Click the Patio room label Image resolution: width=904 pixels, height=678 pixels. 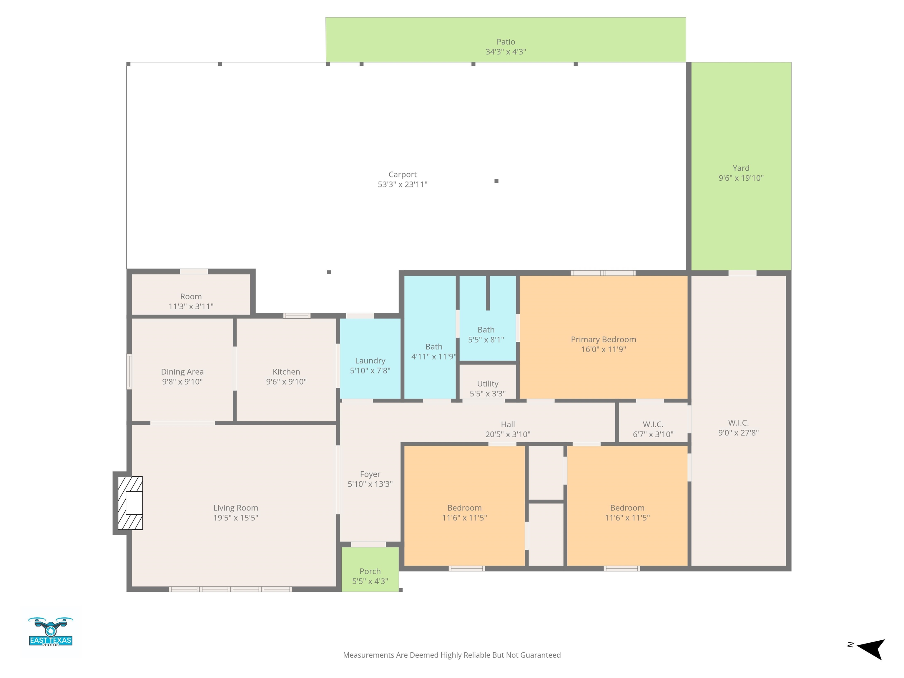(x=506, y=42)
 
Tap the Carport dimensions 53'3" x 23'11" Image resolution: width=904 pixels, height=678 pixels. (x=403, y=184)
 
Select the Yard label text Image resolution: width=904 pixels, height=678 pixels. (x=741, y=168)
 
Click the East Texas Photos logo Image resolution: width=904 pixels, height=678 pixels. (x=51, y=632)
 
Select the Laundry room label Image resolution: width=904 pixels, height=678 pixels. (x=370, y=361)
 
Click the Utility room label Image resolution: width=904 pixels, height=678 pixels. (x=488, y=384)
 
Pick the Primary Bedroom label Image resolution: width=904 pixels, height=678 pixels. (x=603, y=340)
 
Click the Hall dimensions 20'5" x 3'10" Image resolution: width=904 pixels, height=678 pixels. (x=508, y=434)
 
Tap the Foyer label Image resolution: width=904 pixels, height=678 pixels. (x=370, y=474)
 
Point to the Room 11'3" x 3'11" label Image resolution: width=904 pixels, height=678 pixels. (x=191, y=301)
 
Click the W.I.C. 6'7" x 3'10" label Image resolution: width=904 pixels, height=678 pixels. (x=653, y=429)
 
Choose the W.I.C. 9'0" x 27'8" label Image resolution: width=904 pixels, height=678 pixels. (x=739, y=428)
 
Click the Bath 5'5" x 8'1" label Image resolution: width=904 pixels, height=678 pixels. (x=486, y=334)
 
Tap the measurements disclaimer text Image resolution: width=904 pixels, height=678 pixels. (x=452, y=655)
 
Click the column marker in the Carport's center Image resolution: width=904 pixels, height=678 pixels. (x=496, y=181)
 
